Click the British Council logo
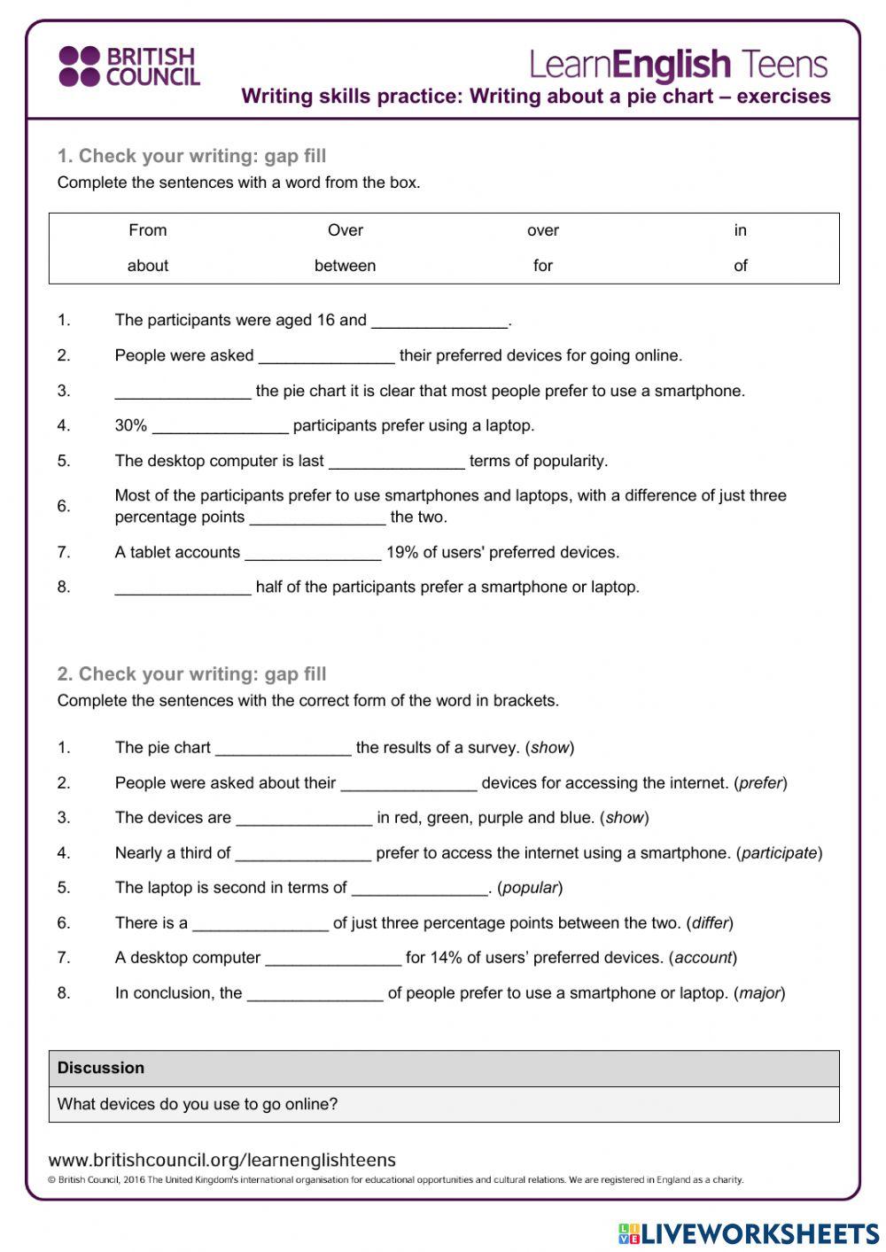click(129, 66)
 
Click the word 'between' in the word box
click(345, 266)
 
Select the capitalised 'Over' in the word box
click(345, 230)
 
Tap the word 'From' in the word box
click(147, 230)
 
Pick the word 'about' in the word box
click(147, 266)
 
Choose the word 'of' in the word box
click(740, 266)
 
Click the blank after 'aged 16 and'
click(439, 322)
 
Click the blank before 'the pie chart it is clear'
click(183, 392)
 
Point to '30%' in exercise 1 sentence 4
click(130, 426)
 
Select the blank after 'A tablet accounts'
click(313, 554)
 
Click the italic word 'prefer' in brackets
click(760, 783)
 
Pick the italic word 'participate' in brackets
click(779, 853)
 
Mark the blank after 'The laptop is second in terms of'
click(420, 889)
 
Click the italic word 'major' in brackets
click(759, 993)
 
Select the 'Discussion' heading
click(101, 1069)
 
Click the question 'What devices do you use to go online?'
click(198, 1105)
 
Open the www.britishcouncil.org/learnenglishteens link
click(222, 1161)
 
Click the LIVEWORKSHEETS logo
click(749, 1233)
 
